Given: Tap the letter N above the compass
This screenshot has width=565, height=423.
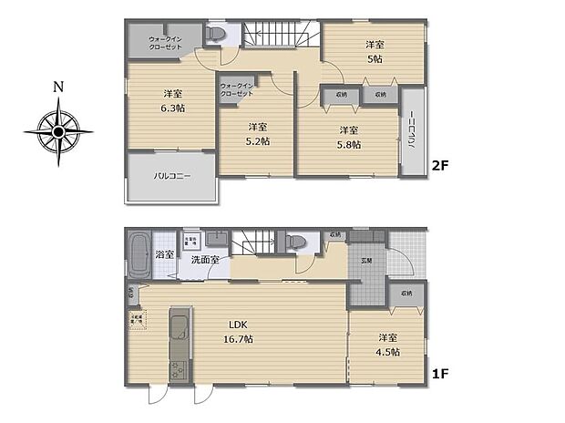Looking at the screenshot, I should point(58,88).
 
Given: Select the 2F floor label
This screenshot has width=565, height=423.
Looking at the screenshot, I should point(441,166).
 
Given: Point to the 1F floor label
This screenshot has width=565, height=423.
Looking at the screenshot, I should point(441,374).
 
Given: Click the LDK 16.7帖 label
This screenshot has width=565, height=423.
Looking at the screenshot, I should point(241,331).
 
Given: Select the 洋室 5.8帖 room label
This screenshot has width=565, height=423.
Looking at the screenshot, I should point(349,136).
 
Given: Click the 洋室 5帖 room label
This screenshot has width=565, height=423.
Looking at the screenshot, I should point(375,51).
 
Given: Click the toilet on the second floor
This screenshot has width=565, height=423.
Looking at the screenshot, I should point(216,35).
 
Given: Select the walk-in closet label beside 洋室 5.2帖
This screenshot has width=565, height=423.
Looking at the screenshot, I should point(236,90).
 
